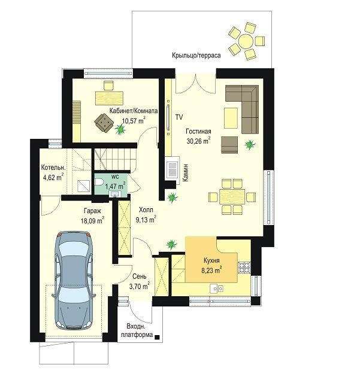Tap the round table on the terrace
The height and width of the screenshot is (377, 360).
[246, 41]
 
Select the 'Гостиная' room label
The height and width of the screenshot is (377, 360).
[198, 131]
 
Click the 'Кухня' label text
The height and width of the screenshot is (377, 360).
[211, 260]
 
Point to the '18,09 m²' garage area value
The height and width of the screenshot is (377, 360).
[92, 220]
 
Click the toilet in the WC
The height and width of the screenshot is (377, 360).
[99, 182]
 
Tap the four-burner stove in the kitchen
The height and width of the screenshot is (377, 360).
[244, 267]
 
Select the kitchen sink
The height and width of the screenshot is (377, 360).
[217, 288]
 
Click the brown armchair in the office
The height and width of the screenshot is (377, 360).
[104, 123]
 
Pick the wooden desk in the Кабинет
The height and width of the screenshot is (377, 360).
[110, 98]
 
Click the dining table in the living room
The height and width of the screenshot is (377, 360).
[232, 196]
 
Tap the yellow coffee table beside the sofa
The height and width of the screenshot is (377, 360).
[231, 118]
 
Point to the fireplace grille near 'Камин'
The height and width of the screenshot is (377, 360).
[173, 169]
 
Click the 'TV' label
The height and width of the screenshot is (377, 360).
[179, 117]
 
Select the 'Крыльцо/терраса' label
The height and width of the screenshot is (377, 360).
[196, 55]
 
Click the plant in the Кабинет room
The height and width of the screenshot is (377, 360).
[120, 130]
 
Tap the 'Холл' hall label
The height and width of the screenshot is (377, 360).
[146, 210]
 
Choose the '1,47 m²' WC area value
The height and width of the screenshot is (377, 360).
[115, 186]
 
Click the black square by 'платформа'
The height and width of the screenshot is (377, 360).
[157, 337]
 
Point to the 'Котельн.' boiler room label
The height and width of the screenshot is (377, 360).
[53, 168]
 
